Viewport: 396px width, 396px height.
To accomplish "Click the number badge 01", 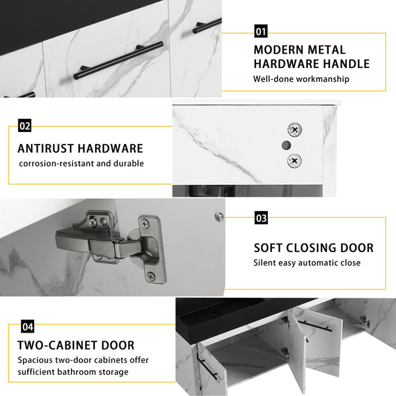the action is coord(261,31).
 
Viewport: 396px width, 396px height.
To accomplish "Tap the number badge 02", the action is coord(24,125).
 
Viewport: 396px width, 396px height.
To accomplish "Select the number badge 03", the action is coord(261,218).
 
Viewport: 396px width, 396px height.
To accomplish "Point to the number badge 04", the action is coord(28,327).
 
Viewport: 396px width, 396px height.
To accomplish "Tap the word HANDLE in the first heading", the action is coord(346,63).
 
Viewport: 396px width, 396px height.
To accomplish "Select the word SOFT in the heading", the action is coord(268,248).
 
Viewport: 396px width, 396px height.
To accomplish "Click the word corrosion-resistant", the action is coord(56,164).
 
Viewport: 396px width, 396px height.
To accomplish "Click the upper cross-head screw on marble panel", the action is coord(295,130).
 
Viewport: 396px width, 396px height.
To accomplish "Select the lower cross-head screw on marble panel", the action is coord(294,160).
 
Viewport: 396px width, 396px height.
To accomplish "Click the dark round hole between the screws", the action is coord(286,145).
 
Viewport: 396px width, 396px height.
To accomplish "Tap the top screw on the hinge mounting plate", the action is coord(145,224).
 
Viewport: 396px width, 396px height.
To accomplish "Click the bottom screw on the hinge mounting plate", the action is coord(150,277).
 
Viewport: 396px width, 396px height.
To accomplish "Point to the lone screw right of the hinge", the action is coord(218,216).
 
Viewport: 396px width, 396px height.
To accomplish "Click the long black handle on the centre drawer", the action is coord(118,60).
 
